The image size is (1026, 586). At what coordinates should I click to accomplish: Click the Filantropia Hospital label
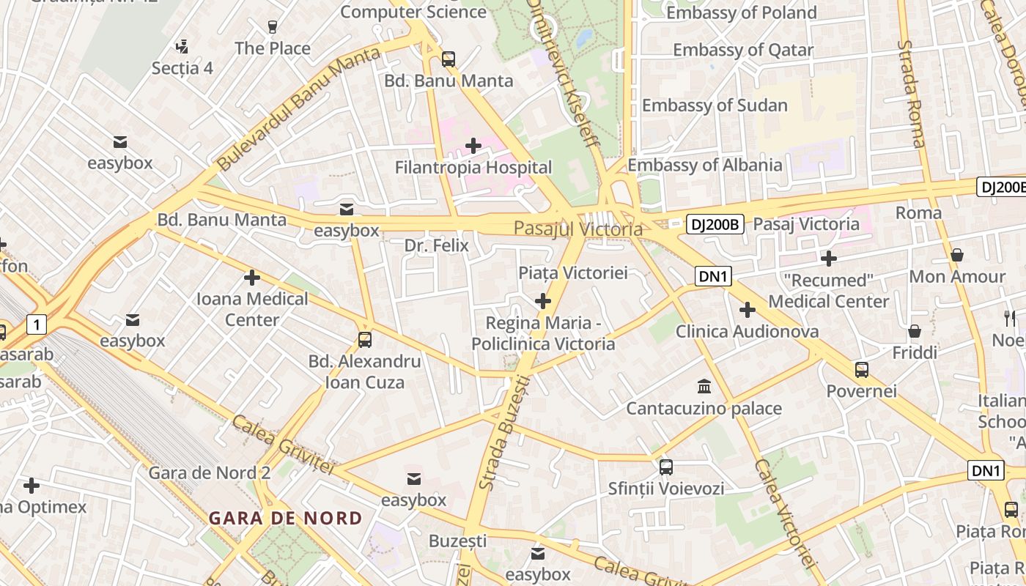[x=473, y=168]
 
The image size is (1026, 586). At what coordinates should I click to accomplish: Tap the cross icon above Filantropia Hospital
[x=473, y=146]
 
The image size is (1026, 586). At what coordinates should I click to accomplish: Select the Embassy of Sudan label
[x=715, y=105]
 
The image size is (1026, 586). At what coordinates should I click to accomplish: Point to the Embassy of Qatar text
[x=743, y=51]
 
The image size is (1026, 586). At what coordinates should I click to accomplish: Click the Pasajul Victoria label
[x=578, y=229]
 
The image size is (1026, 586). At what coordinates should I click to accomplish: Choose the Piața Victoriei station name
[x=573, y=273]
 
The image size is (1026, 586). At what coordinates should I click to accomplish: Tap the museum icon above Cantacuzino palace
[x=704, y=386]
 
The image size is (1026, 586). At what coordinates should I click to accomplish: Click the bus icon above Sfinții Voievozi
[x=666, y=467]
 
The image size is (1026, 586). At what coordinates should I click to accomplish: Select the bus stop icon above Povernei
[x=862, y=370]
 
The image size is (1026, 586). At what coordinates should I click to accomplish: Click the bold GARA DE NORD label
[x=286, y=519]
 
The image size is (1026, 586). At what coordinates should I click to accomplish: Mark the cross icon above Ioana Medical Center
[x=252, y=278]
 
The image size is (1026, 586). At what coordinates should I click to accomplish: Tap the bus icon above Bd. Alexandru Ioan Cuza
[x=365, y=340]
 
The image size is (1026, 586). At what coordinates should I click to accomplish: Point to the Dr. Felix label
[x=436, y=246]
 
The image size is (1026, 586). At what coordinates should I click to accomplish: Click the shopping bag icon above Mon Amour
[x=957, y=255]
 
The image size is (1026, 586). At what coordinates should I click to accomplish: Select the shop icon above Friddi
[x=915, y=331]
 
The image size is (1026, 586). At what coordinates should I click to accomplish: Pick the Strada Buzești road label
[x=503, y=432]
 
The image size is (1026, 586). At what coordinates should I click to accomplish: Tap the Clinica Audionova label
[x=747, y=332]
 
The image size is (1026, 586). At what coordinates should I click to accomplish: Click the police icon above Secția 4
[x=182, y=48]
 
